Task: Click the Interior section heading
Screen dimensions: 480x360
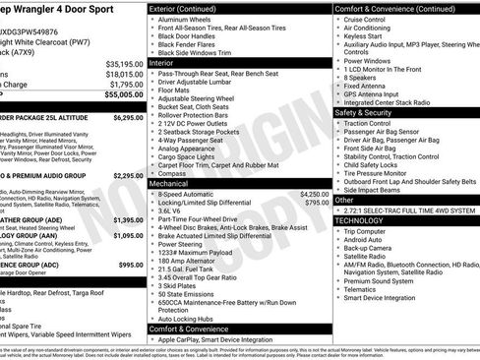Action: [x=161, y=63]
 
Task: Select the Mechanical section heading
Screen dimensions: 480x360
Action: [x=168, y=183]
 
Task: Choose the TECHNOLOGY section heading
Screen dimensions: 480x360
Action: [x=365, y=220]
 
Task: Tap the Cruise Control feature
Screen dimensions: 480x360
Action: [x=365, y=20]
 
